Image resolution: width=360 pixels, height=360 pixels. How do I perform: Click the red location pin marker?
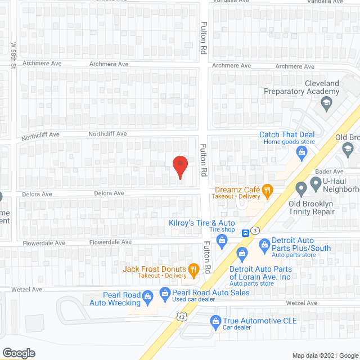pos(180,166)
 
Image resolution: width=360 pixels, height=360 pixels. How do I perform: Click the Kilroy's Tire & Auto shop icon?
pos(222,241)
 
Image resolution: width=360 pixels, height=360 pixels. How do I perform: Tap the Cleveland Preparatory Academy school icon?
pos(326,103)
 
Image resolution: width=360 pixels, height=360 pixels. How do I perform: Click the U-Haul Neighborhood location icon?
pos(301,186)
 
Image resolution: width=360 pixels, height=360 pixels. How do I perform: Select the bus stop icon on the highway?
pos(246,233)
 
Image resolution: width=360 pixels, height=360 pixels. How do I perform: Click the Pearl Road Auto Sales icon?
pos(165,292)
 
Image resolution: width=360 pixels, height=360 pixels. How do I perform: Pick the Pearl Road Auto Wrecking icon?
pos(147,295)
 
